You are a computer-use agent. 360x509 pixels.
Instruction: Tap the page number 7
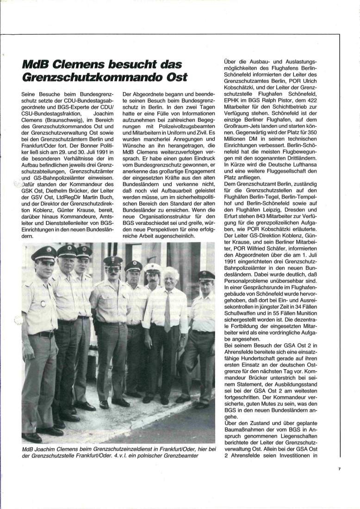pos(339,469)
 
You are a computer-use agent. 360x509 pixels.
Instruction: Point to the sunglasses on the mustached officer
pos(113,269)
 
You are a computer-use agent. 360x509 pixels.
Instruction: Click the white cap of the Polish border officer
pos(152,267)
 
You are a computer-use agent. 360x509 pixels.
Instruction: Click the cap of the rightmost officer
pos(206,276)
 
